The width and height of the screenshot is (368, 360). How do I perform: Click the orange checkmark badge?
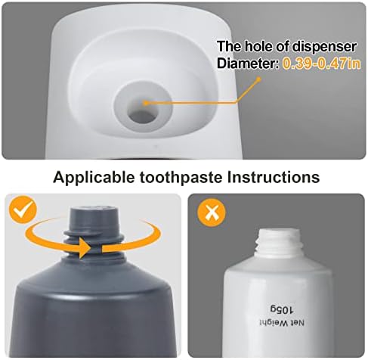pyautogui.click(x=23, y=209)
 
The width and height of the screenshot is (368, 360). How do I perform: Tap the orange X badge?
pyautogui.click(x=212, y=213)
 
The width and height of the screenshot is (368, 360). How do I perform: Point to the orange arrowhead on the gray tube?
pyautogui.click(x=85, y=247)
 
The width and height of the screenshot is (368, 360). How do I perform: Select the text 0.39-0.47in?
pyautogui.click(x=321, y=64)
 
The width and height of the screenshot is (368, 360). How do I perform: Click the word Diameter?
pyautogui.click(x=247, y=64)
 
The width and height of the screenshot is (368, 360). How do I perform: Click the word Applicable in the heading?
pyautogui.click(x=94, y=177)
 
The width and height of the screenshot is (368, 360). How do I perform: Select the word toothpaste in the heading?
pyautogui.click(x=181, y=177)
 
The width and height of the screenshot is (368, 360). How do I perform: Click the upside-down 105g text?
pyautogui.click(x=282, y=309)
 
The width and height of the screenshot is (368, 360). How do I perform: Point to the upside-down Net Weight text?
pyautogui.click(x=282, y=323)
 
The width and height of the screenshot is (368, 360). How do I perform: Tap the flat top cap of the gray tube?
pyautogui.click(x=94, y=209)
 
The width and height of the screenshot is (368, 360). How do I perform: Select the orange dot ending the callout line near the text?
pyautogui.click(x=258, y=79)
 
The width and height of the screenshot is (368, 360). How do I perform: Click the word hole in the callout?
pyautogui.click(x=259, y=46)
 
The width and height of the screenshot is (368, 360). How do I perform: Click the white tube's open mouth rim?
pyautogui.click(x=279, y=231)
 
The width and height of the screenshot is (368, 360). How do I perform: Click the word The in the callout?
pyautogui.click(x=229, y=46)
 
